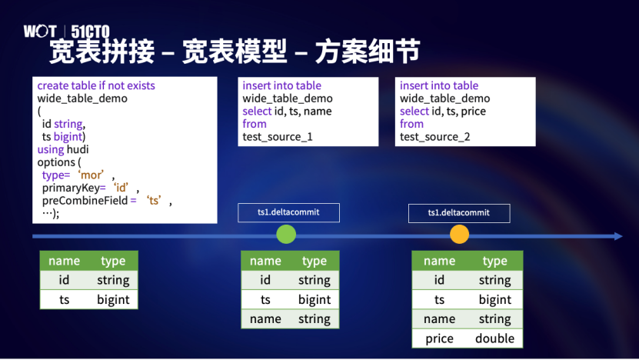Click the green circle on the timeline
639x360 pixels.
click(x=286, y=235)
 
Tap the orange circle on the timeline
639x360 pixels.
click(x=459, y=235)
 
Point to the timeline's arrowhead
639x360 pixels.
click(x=618, y=236)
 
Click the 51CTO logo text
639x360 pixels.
click(x=90, y=32)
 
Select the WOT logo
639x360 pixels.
click(x=39, y=31)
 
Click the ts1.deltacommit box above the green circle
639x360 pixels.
click(x=288, y=212)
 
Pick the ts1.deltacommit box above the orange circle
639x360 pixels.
click(x=459, y=213)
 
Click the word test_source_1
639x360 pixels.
click(x=278, y=137)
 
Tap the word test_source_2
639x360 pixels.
click(x=434, y=137)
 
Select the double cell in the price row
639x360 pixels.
click(x=494, y=338)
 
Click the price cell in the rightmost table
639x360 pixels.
click(x=439, y=338)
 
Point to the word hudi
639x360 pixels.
click(x=78, y=149)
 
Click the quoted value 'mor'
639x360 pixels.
click(x=91, y=175)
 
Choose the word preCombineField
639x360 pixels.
click(x=85, y=201)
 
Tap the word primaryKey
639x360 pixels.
click(x=71, y=188)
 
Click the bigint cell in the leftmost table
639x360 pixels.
click(x=113, y=300)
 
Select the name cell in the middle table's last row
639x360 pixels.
click(x=265, y=318)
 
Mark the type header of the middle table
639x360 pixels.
click(x=315, y=261)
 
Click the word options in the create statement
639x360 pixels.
click(x=56, y=162)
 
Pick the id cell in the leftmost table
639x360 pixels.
click(x=64, y=280)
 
